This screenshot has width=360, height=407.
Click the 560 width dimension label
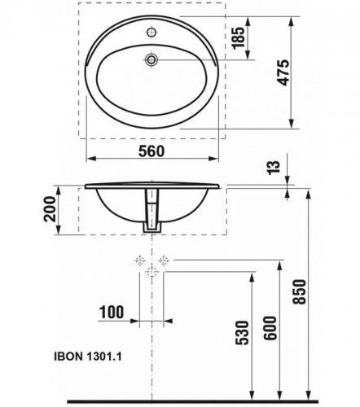151,151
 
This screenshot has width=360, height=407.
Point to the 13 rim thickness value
274,168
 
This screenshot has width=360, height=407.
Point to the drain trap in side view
151,214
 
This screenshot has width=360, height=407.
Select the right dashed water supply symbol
164,260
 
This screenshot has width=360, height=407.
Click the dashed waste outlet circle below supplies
151,274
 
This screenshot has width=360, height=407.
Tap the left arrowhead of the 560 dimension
89,160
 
